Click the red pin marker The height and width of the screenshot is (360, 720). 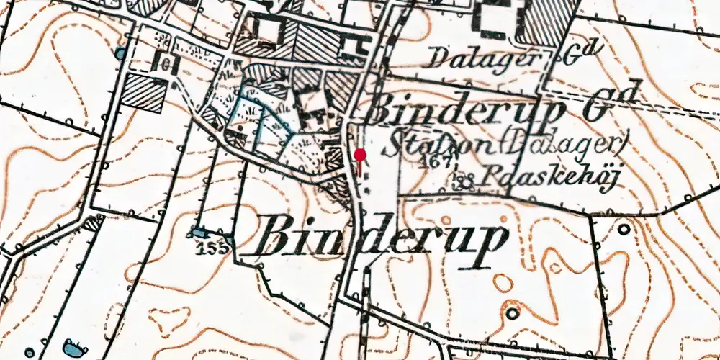click(x=360, y=154)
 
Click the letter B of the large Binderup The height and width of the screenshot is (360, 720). click(x=277, y=238)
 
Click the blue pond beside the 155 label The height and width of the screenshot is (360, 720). click(x=197, y=232)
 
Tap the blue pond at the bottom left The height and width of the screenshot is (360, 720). click(x=73, y=348)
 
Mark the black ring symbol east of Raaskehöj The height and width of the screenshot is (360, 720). click(x=624, y=228)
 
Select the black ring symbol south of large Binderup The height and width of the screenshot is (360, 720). click(x=512, y=313)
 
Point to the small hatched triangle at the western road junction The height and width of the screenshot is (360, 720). click(x=92, y=223)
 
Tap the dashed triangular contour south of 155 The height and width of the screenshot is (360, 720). click(x=168, y=317)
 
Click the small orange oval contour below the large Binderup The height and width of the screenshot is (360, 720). click(x=503, y=283)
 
